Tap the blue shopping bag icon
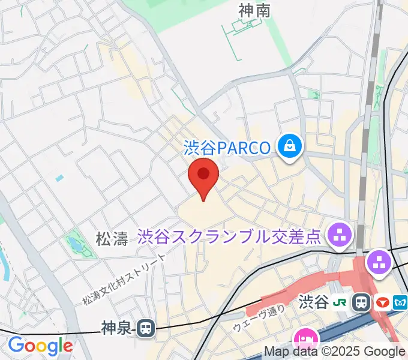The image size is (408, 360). [290, 145]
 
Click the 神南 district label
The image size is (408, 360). [254, 10]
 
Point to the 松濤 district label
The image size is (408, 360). [112, 239]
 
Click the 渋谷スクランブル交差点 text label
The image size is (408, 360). [230, 236]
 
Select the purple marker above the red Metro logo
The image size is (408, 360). [379, 262]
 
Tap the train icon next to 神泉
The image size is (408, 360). [145, 328]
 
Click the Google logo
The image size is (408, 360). [40, 346]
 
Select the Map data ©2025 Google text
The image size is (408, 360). [335, 352]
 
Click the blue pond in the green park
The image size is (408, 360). [76, 244]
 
